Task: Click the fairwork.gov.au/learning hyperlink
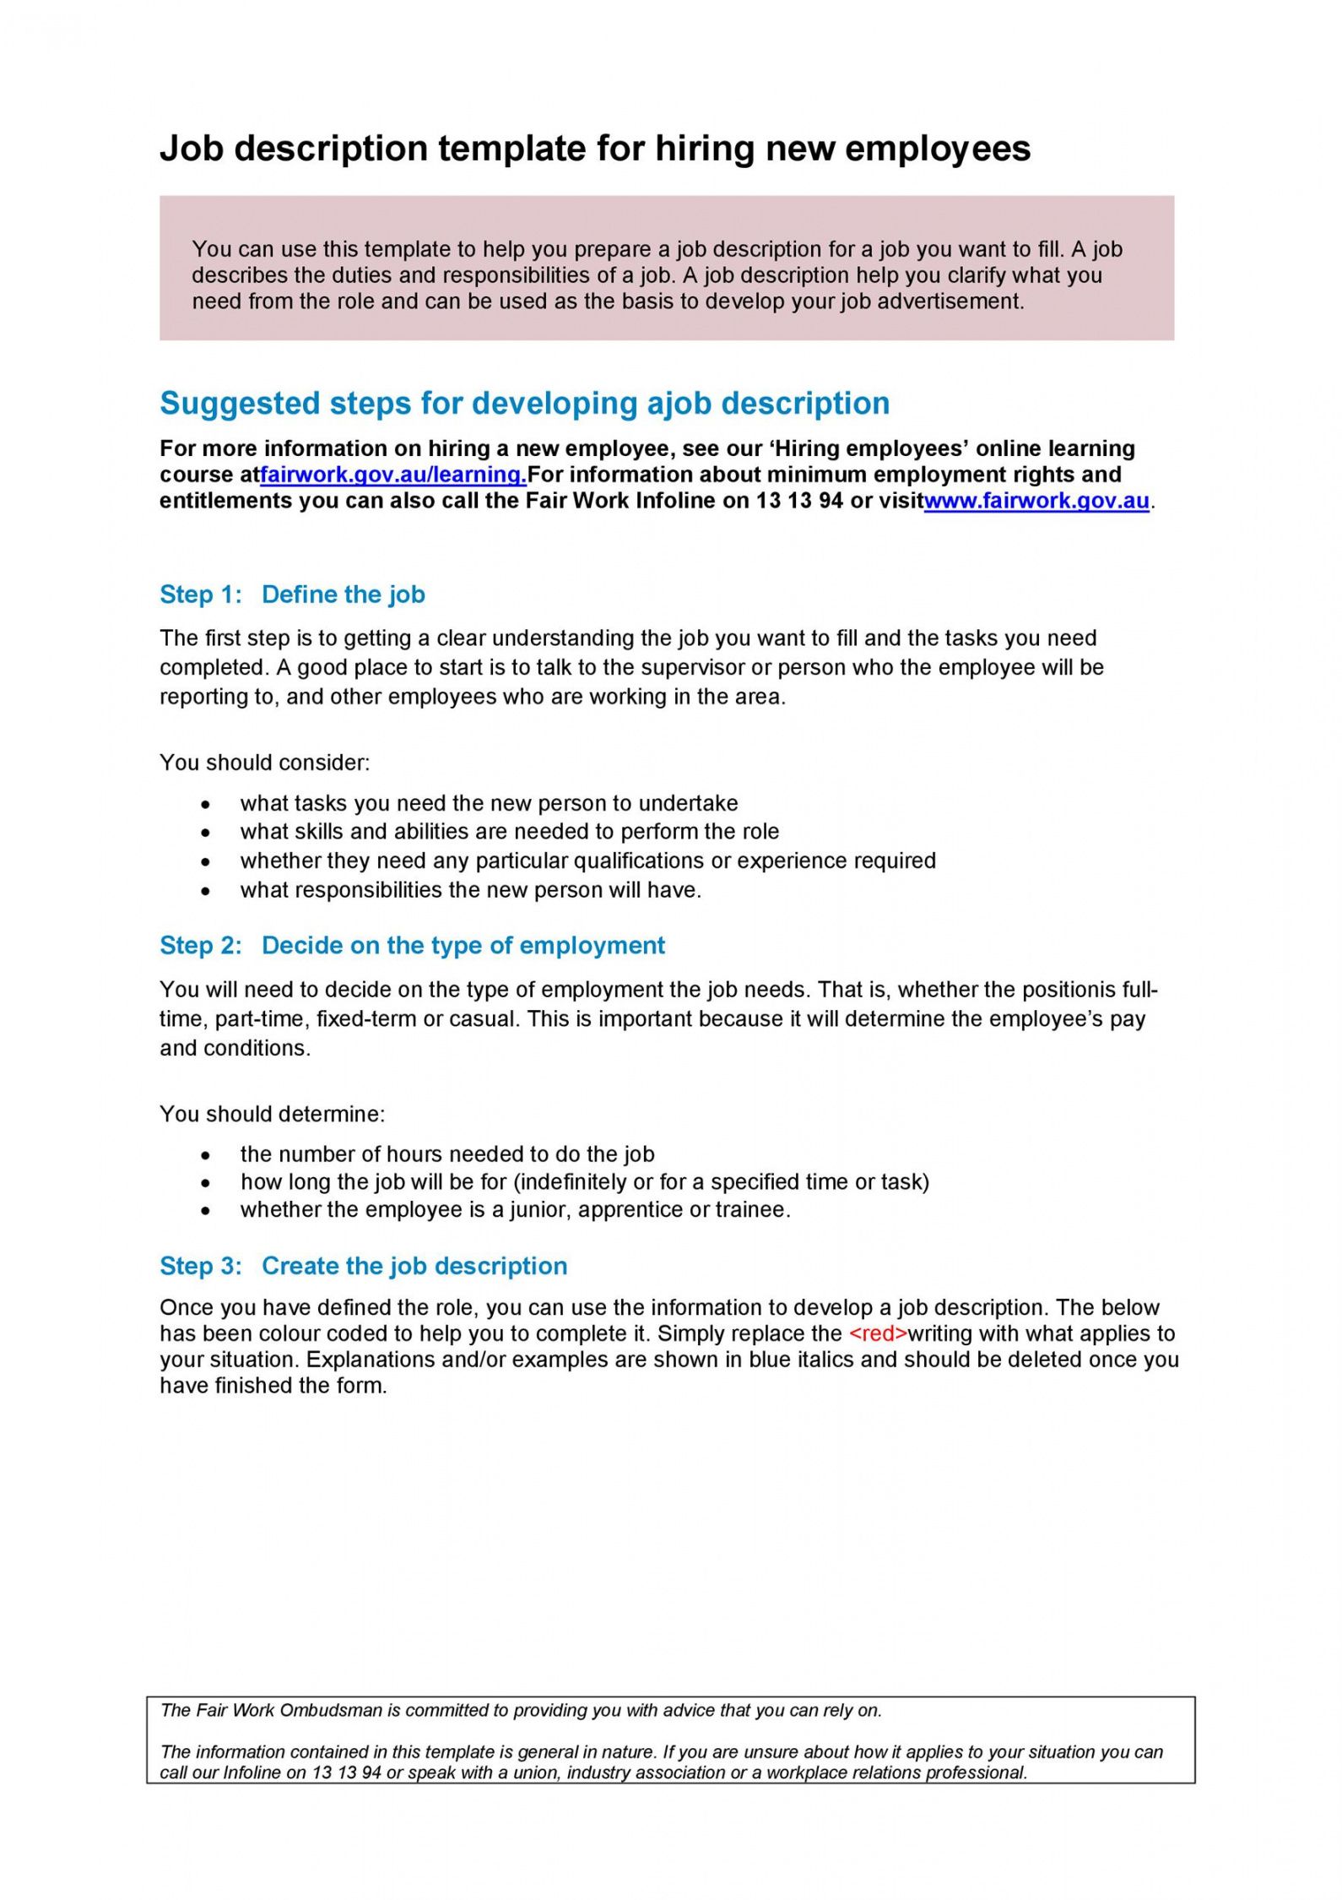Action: [393, 475]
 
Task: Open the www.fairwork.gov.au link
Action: [1036, 501]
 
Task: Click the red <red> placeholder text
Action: [878, 1333]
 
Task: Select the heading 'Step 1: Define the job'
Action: [292, 594]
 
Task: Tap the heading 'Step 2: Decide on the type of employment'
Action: [412, 945]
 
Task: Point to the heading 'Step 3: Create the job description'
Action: [363, 1266]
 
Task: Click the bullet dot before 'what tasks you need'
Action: [206, 805]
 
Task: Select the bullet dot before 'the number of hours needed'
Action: [206, 1155]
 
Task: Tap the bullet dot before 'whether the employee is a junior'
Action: [206, 1211]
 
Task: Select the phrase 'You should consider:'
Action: [265, 763]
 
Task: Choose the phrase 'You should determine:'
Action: [272, 1114]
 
